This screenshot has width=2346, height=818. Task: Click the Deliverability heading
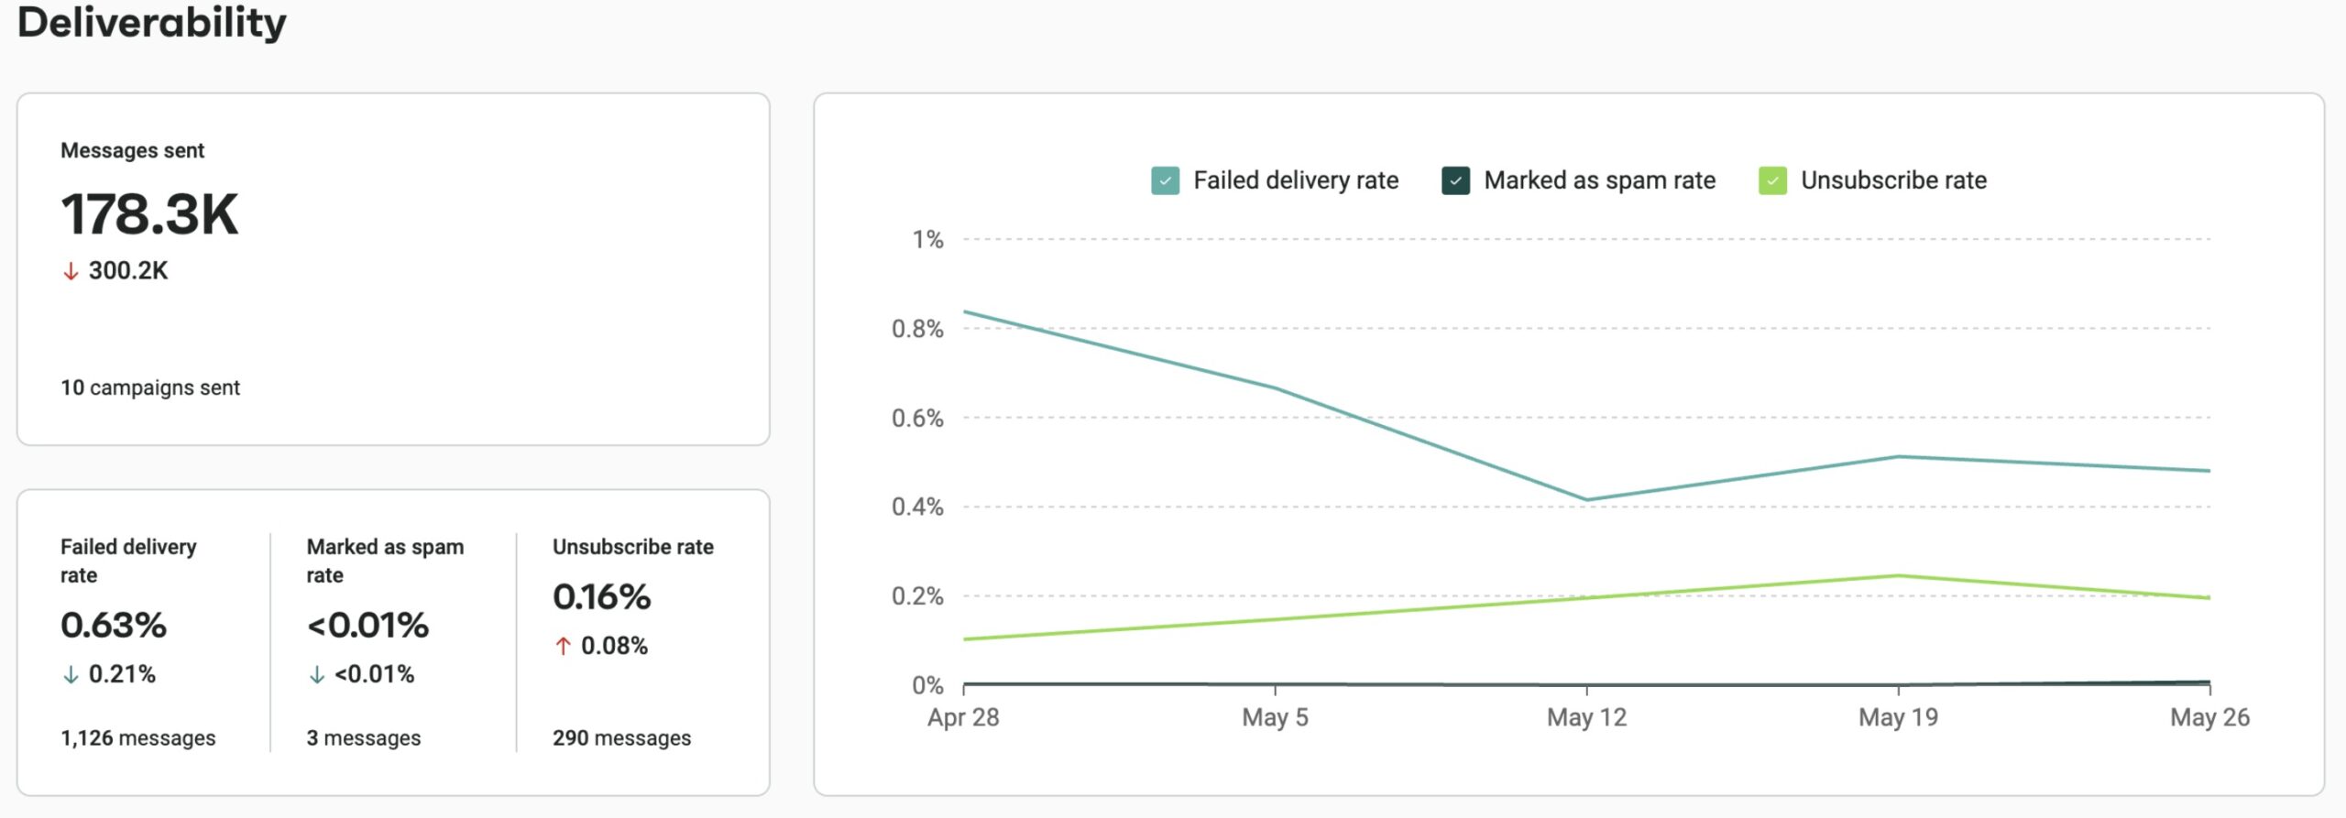pyautogui.click(x=152, y=22)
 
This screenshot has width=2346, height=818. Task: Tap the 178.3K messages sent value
pyautogui.click(x=149, y=214)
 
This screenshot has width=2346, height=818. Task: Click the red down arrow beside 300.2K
pyautogui.click(x=71, y=271)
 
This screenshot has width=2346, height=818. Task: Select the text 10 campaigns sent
pyautogui.click(x=150, y=387)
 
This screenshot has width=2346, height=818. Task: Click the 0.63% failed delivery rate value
pyautogui.click(x=114, y=625)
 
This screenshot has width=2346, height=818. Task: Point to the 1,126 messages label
pyautogui.click(x=138, y=737)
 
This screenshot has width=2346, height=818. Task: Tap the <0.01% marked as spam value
pyautogui.click(x=367, y=625)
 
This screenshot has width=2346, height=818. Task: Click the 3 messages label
pyautogui.click(x=364, y=737)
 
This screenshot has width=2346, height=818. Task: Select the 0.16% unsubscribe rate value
pyautogui.click(x=601, y=596)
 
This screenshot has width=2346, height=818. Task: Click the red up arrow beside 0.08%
pyautogui.click(x=563, y=646)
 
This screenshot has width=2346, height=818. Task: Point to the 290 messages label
pyautogui.click(x=621, y=737)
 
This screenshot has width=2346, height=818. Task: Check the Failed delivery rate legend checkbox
pyautogui.click(x=1165, y=180)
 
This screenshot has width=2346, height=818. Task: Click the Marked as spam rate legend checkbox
pyautogui.click(x=1455, y=180)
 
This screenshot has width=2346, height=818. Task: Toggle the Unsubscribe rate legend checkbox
pyautogui.click(x=1772, y=180)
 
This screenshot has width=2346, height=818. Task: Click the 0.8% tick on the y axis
pyautogui.click(x=917, y=328)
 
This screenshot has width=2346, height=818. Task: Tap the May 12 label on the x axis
pyautogui.click(x=1586, y=717)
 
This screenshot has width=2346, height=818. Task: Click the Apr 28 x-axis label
pyautogui.click(x=963, y=717)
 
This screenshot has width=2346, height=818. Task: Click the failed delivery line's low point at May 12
pyautogui.click(x=1586, y=499)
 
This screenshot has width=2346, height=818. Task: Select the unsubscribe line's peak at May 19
pyautogui.click(x=1898, y=575)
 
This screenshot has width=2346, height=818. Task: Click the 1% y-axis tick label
pyautogui.click(x=927, y=239)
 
